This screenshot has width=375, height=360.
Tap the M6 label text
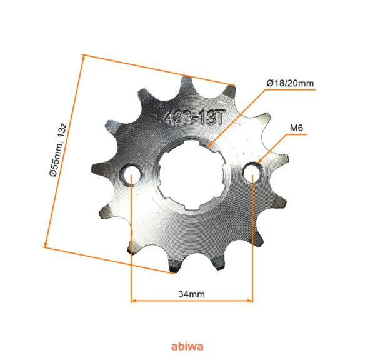(296, 129)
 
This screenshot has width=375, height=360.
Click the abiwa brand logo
(187, 344)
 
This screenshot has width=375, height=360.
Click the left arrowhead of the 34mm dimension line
(133, 301)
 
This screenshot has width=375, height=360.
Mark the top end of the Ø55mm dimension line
(82, 57)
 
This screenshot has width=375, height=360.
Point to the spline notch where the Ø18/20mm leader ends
(211, 146)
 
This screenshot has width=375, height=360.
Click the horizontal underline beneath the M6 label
(296, 137)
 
